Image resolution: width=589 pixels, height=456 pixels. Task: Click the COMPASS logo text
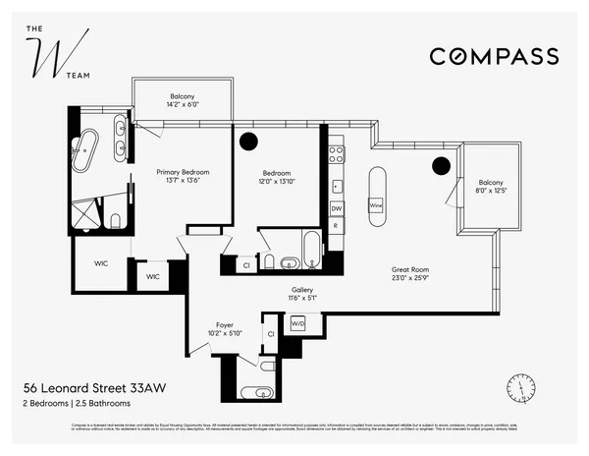494,56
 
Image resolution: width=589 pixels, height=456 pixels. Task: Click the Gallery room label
301,290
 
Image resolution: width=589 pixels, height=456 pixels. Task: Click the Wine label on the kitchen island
375,205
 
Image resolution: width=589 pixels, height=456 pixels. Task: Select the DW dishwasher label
336,208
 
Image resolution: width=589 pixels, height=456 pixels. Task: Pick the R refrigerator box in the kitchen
336,226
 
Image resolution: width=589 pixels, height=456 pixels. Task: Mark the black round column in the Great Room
442,165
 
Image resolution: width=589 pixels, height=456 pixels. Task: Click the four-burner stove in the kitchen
336,153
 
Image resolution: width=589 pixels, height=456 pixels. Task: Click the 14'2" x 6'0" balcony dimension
183,103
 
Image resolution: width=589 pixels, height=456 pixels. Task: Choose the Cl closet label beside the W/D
270,334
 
